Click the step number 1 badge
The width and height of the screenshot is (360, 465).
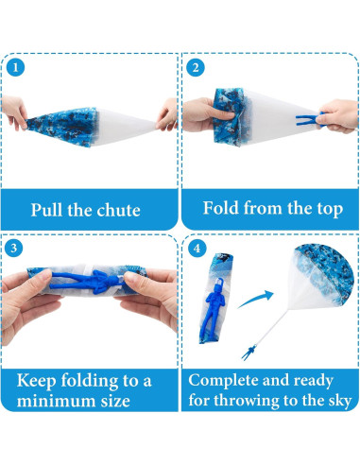tap(15, 67)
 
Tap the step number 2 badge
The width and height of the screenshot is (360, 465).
tap(196, 67)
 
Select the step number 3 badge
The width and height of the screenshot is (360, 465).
tap(14, 248)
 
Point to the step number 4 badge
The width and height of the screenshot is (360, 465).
tap(197, 249)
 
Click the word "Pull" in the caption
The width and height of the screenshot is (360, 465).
tap(46, 210)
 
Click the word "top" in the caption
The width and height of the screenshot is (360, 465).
tap(330, 210)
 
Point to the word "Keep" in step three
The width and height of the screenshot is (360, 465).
tap(36, 381)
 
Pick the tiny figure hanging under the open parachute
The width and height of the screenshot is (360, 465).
tap(249, 352)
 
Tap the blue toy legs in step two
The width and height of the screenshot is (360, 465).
tap(309, 120)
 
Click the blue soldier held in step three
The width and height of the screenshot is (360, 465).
tap(86, 281)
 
